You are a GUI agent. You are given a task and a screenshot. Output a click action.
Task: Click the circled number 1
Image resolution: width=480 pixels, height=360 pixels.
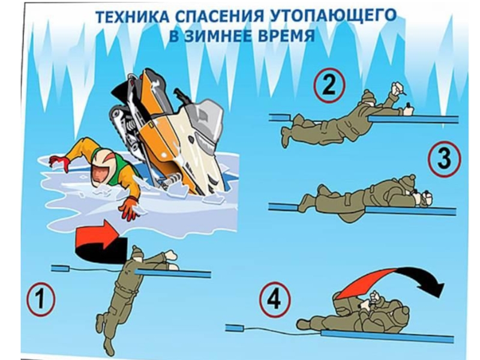[41, 298]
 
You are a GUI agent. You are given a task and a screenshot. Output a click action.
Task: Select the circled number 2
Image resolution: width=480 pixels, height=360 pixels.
[329, 85]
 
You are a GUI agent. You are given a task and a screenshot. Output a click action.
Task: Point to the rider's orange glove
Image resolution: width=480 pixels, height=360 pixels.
[130, 208]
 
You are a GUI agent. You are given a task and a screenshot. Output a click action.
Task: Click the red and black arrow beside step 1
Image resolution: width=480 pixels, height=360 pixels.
[101, 242]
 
